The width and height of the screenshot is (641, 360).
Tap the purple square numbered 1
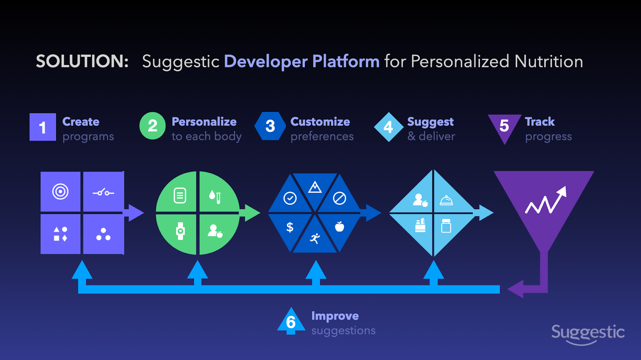tap(42, 127)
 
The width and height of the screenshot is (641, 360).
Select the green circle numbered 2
tap(153, 126)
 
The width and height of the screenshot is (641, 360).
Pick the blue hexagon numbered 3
tap(270, 126)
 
